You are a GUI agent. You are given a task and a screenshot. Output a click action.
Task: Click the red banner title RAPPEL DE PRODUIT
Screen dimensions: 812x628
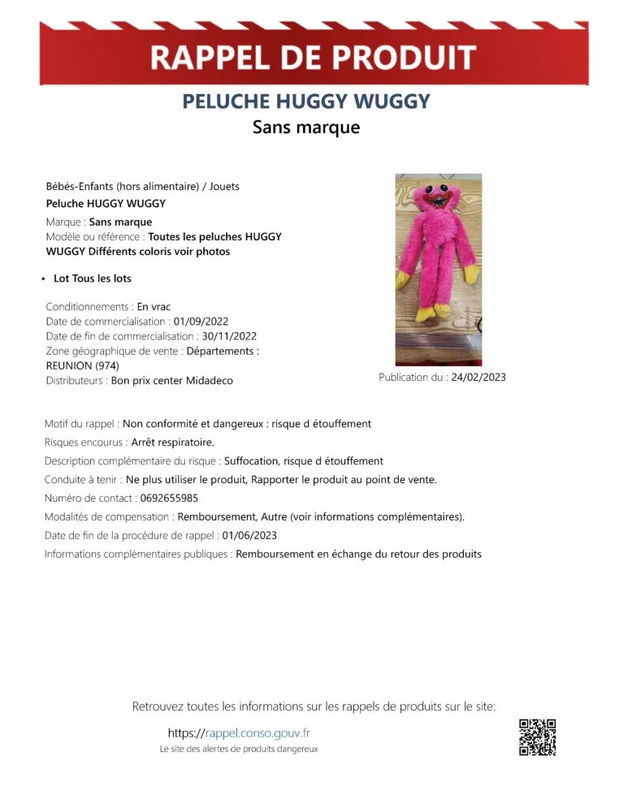pos(314,58)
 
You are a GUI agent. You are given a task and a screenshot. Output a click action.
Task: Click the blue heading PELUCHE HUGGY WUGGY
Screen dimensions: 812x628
pos(305,101)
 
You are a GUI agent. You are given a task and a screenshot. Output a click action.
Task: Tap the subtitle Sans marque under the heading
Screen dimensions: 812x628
pos(305,127)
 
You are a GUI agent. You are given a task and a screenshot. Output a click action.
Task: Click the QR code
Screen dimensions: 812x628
pos(537,737)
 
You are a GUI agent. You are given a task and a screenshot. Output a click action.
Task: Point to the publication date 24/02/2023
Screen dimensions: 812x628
pos(479,377)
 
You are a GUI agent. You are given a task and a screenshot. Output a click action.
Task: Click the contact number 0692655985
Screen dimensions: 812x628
pos(162,498)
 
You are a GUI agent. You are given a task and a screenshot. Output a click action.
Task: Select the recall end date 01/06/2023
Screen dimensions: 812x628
pos(249,535)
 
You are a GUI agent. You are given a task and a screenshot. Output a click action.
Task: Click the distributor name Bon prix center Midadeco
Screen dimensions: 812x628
pos(171,380)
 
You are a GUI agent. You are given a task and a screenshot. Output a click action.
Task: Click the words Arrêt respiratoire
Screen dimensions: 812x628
pos(172,443)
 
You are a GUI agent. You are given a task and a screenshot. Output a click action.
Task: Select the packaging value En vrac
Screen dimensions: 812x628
pos(154,306)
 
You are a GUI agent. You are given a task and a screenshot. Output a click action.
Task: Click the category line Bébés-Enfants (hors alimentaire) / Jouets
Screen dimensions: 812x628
pos(142,186)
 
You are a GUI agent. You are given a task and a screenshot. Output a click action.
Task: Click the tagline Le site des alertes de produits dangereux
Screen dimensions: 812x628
pos(238,749)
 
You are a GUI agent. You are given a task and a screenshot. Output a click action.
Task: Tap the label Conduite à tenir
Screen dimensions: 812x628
pos(82,479)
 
